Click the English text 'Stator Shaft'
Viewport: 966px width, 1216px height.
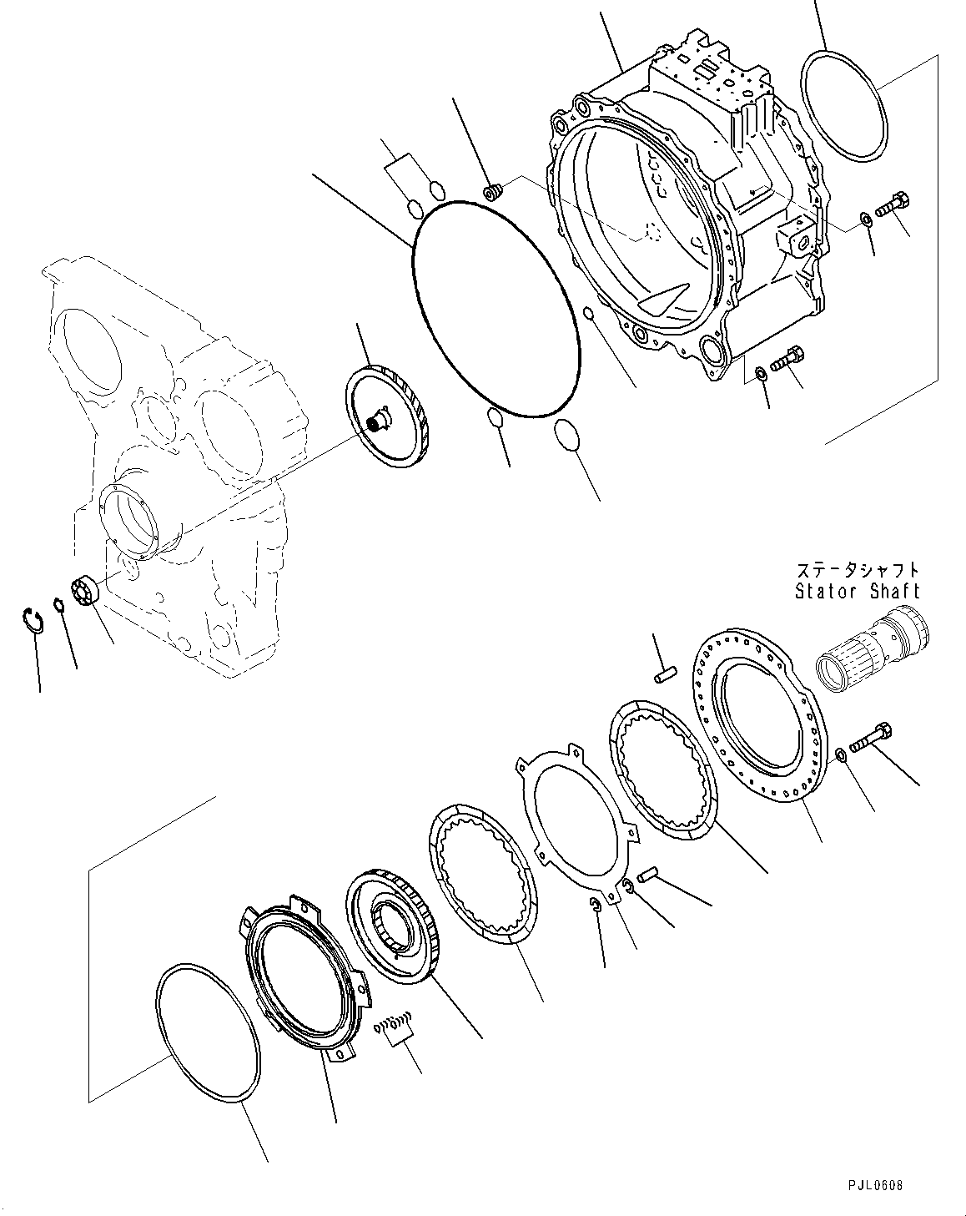pos(857,591)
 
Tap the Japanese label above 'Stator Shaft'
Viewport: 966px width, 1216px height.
pos(857,571)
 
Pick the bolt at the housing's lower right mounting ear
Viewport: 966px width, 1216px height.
pos(787,359)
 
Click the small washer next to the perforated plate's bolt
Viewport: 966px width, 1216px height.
pos(842,755)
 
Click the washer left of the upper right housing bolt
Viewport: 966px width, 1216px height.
pos(866,219)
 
